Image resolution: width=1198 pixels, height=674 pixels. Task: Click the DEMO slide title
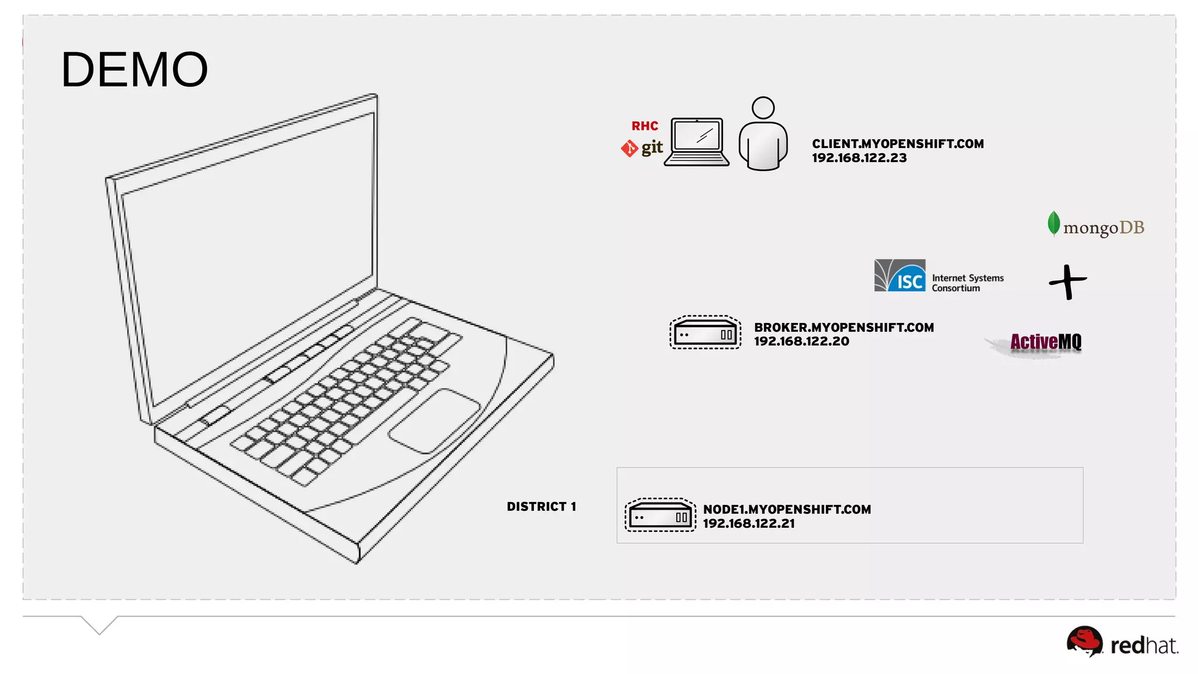coord(135,70)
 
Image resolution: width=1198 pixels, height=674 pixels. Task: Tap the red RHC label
coord(645,126)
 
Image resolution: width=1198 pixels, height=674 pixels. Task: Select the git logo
coord(642,148)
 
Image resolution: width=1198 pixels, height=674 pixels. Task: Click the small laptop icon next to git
coord(697,142)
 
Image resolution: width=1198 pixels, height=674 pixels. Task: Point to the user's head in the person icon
coord(763,108)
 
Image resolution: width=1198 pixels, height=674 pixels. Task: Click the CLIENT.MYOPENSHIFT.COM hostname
coord(898,144)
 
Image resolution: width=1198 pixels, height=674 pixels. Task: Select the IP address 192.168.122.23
coord(859,158)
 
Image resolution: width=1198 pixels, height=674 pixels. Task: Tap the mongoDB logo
coord(1096,226)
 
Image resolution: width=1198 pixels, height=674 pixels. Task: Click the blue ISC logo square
coord(900,276)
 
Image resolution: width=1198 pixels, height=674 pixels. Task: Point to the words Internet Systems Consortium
coord(968,283)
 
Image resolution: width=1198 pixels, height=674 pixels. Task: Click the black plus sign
coord(1068,282)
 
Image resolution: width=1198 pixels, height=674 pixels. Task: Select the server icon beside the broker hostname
coord(705,333)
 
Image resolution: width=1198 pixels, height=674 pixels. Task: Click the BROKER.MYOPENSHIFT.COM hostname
coord(844,328)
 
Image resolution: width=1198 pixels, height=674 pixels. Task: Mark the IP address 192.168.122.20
coord(801,342)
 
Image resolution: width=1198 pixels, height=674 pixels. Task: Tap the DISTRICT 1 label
coord(541,507)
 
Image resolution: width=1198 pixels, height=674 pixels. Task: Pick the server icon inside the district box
coord(660,515)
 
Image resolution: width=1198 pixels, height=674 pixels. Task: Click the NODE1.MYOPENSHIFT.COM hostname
coord(787,510)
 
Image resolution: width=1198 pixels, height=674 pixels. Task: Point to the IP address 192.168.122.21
coord(749,524)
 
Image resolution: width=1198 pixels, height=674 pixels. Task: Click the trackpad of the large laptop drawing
coord(434,421)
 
